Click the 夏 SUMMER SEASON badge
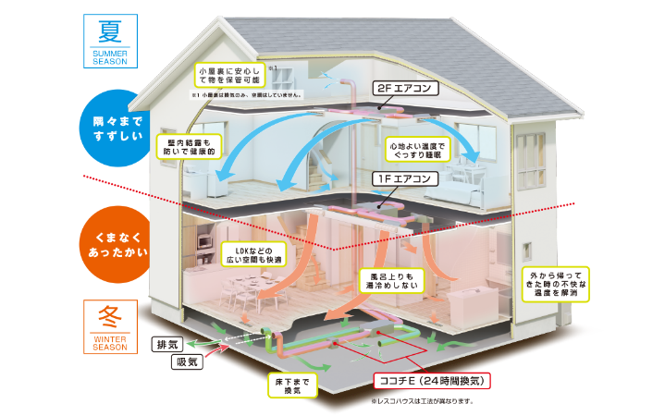[x=111, y=43]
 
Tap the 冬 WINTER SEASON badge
[x=111, y=325]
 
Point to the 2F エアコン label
[x=404, y=90]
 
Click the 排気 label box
[x=167, y=345]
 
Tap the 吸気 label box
[x=188, y=362]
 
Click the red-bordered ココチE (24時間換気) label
[x=429, y=380]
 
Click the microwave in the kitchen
[x=203, y=242]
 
